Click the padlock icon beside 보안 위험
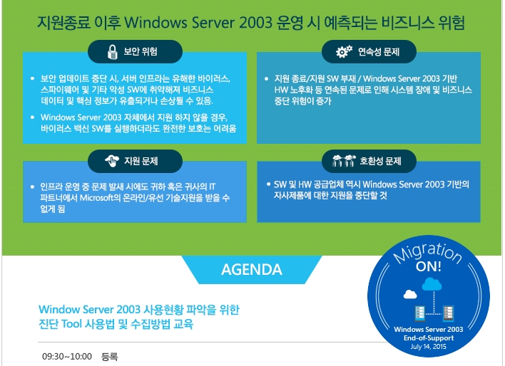click(x=112, y=51)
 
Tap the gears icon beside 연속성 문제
click(x=344, y=51)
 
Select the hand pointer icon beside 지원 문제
click(x=112, y=161)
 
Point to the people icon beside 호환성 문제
click(x=344, y=160)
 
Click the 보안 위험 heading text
click(x=141, y=51)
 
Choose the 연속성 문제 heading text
click(x=379, y=51)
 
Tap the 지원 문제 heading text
click(x=141, y=161)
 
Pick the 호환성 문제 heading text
click(x=380, y=161)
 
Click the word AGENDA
click(x=252, y=269)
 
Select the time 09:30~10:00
click(x=67, y=356)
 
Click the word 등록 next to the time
click(x=110, y=356)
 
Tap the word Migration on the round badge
click(x=428, y=253)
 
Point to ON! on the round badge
click(x=429, y=266)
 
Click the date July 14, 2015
click(x=429, y=346)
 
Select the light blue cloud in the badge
click(x=432, y=284)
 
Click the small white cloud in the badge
click(x=410, y=294)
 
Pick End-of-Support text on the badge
click(x=429, y=338)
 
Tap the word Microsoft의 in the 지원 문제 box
click(x=100, y=197)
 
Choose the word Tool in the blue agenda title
click(x=71, y=324)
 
